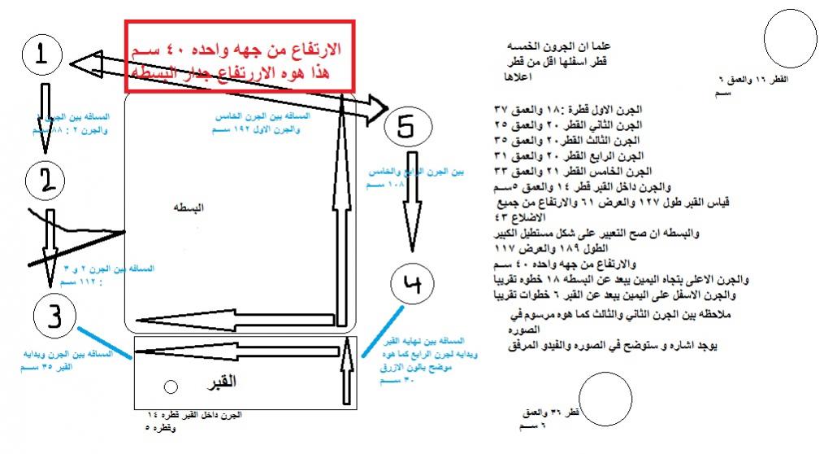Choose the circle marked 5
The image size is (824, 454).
click(408, 126)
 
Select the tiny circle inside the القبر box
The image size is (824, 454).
click(170, 386)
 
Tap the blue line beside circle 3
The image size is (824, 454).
click(105, 343)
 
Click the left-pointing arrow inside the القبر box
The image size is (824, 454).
click(236, 351)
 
